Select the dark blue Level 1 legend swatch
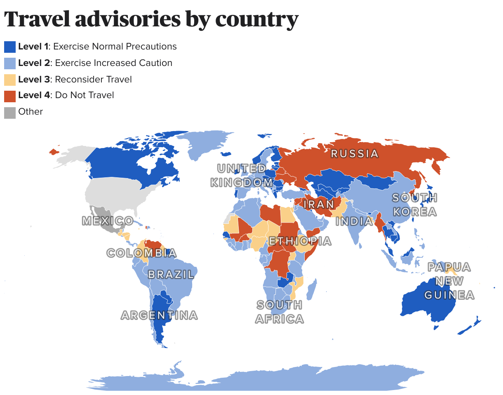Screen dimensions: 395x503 [x=10, y=47]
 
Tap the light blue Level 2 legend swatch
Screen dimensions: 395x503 [x=10, y=63]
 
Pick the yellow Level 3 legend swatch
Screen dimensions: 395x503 [x=10, y=80]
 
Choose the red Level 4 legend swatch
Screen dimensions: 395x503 [x=10, y=96]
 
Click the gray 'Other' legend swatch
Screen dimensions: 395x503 [x=10, y=112]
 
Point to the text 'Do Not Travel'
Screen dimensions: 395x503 [x=84, y=95]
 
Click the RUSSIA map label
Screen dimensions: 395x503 [x=355, y=154]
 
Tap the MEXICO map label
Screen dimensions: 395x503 [x=108, y=221]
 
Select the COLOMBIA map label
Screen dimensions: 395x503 [x=141, y=253]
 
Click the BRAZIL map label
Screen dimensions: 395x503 [x=171, y=275]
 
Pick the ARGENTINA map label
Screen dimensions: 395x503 [x=159, y=315]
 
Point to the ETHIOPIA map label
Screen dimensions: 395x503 [x=300, y=241]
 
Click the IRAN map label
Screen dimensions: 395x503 [x=319, y=204]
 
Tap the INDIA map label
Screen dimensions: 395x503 [x=354, y=221]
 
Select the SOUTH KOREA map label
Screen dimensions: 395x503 [x=414, y=205]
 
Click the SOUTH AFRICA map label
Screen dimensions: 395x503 [x=280, y=312]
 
